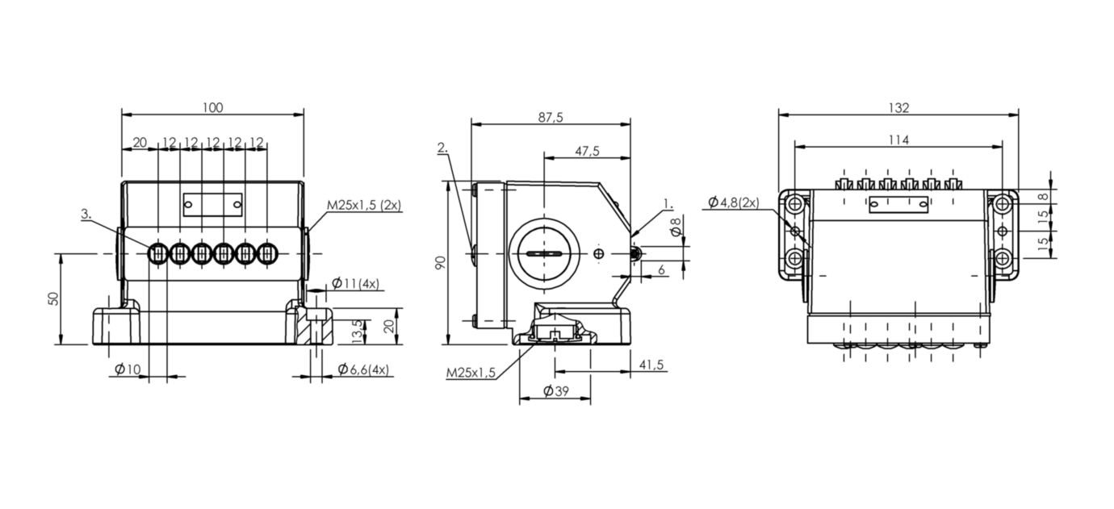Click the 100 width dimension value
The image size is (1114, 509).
(x=213, y=107)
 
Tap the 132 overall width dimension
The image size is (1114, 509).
(x=898, y=108)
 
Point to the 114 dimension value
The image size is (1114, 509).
(x=898, y=140)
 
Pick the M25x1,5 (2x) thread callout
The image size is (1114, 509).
(x=363, y=205)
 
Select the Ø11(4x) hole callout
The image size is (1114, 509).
(x=356, y=284)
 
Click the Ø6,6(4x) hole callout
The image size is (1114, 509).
(x=362, y=369)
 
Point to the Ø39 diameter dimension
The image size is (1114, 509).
(x=555, y=391)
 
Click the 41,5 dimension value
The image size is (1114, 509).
(x=651, y=365)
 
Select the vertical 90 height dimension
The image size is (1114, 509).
(x=441, y=262)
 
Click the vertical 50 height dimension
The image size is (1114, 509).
(x=54, y=298)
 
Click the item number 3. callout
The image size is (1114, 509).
(x=88, y=215)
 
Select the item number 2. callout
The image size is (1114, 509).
(x=442, y=148)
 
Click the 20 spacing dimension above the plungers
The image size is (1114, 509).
(x=140, y=143)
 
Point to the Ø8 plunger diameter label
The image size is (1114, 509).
(x=676, y=227)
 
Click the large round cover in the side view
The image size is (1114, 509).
(x=545, y=254)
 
